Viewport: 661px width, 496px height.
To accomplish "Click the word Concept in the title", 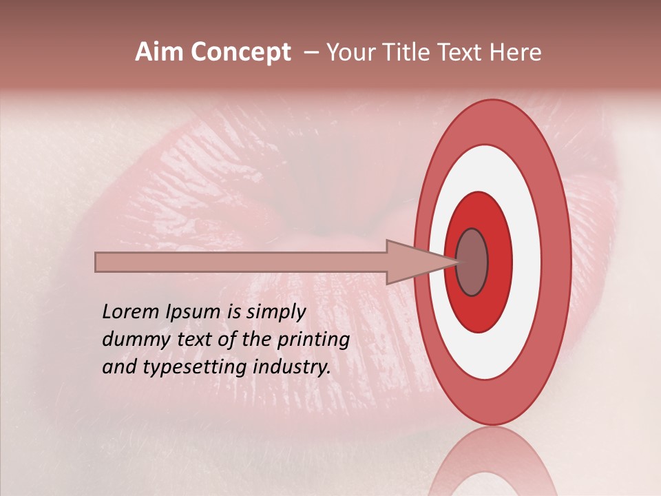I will point(241,52).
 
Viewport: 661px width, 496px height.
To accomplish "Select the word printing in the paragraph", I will point(313,340).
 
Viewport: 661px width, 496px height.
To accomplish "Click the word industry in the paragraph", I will point(292,367).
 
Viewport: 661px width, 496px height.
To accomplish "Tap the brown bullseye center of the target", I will point(472,262).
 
